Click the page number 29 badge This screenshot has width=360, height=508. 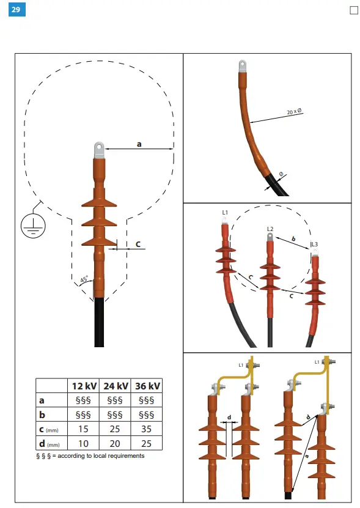point(16,10)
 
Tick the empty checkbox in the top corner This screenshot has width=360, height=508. point(353,10)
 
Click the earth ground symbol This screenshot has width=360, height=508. point(31,224)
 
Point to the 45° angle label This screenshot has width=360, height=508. point(84,279)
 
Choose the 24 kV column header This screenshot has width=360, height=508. point(114,386)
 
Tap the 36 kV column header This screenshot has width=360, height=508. point(146,386)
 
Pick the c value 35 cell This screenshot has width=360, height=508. point(146,429)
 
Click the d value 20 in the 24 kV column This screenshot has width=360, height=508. point(114,443)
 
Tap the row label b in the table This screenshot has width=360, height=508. point(42,415)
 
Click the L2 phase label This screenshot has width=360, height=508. point(270,229)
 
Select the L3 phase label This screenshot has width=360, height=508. point(315,245)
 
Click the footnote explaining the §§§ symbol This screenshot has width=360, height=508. point(90,456)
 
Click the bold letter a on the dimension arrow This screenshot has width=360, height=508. point(139,144)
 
